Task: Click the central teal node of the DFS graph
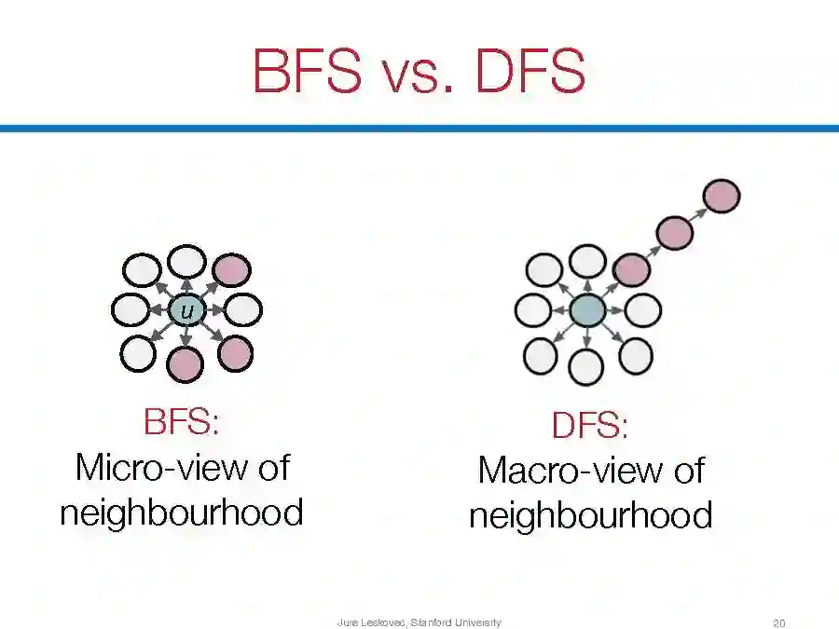pyautogui.click(x=587, y=310)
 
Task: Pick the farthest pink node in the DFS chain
pyautogui.click(x=722, y=197)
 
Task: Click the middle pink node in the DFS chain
pyautogui.click(x=675, y=232)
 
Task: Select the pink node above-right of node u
pyautogui.click(x=231, y=270)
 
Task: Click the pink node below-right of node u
pyautogui.click(x=234, y=352)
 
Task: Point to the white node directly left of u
pyautogui.click(x=130, y=310)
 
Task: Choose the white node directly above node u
pyautogui.click(x=186, y=262)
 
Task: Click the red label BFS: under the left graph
pyautogui.click(x=182, y=422)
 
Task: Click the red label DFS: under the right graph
pyautogui.click(x=590, y=427)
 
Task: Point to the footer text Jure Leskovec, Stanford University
pyautogui.click(x=419, y=622)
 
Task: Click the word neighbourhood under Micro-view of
pyautogui.click(x=182, y=512)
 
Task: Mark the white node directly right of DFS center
pyautogui.click(x=641, y=309)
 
